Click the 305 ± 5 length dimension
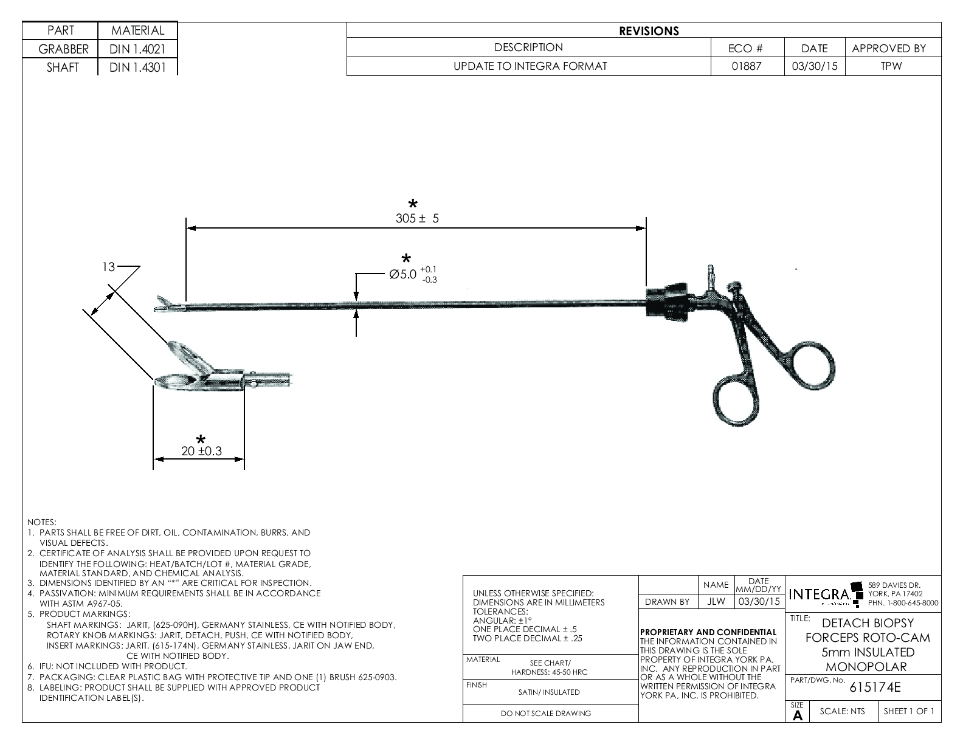(417, 219)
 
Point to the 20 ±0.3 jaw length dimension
(201, 451)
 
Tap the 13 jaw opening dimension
(108, 267)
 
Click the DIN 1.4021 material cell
(137, 49)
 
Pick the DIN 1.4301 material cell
(137, 67)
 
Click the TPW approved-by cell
(892, 66)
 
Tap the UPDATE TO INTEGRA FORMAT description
(530, 66)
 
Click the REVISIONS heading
(649, 31)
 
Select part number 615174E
(875, 688)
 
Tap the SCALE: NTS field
(842, 712)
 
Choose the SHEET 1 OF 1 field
(909, 712)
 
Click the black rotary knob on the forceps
(668, 301)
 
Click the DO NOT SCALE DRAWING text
(545, 714)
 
